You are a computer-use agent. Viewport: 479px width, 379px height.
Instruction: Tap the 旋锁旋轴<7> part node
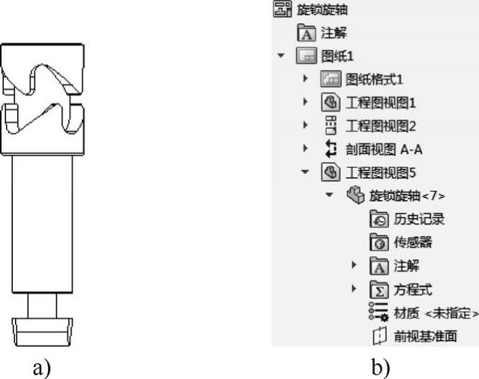click(x=408, y=195)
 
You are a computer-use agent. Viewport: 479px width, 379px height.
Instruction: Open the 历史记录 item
click(x=419, y=219)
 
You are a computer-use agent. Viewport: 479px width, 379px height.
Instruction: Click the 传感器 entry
click(x=413, y=242)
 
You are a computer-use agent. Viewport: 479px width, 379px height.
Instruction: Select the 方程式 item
click(x=413, y=289)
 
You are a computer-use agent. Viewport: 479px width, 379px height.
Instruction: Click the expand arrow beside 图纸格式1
click(x=305, y=79)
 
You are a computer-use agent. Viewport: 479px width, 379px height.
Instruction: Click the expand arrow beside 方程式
click(x=355, y=289)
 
